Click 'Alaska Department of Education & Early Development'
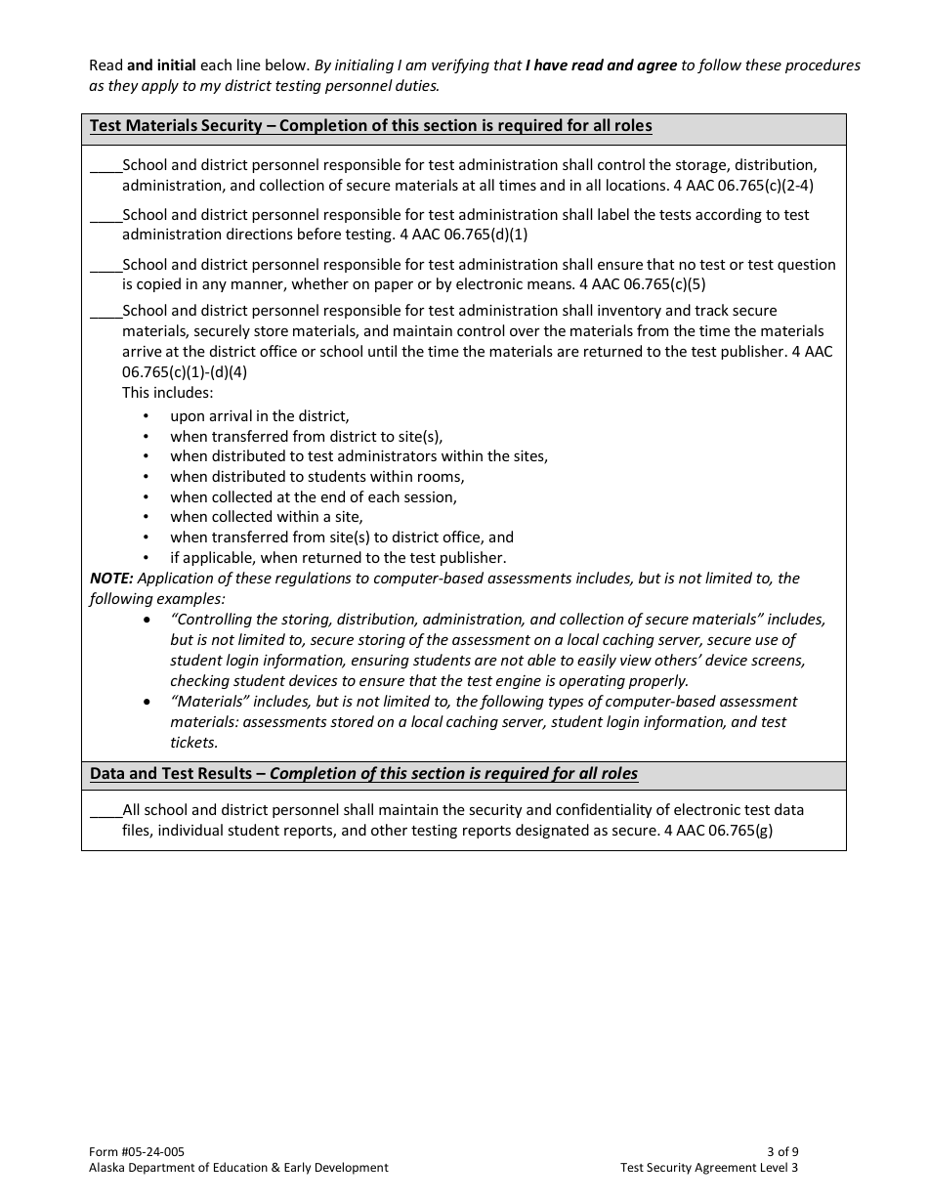pos(237,1167)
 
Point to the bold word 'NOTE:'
pos(111,579)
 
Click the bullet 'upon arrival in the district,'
pos(259,416)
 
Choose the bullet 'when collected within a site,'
pos(266,517)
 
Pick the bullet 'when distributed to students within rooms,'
pos(316,477)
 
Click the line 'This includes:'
pos(167,393)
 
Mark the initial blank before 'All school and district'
pos(105,811)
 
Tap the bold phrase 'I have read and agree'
pos(601,65)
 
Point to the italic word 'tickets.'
pos(193,743)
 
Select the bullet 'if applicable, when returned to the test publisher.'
pos(338,558)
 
